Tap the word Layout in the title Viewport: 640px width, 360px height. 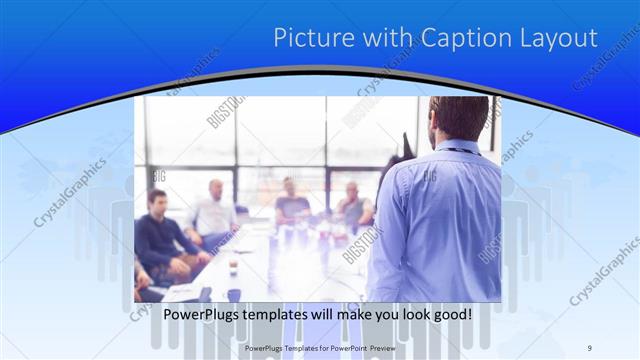click(560, 38)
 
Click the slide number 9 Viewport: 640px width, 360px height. click(589, 348)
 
